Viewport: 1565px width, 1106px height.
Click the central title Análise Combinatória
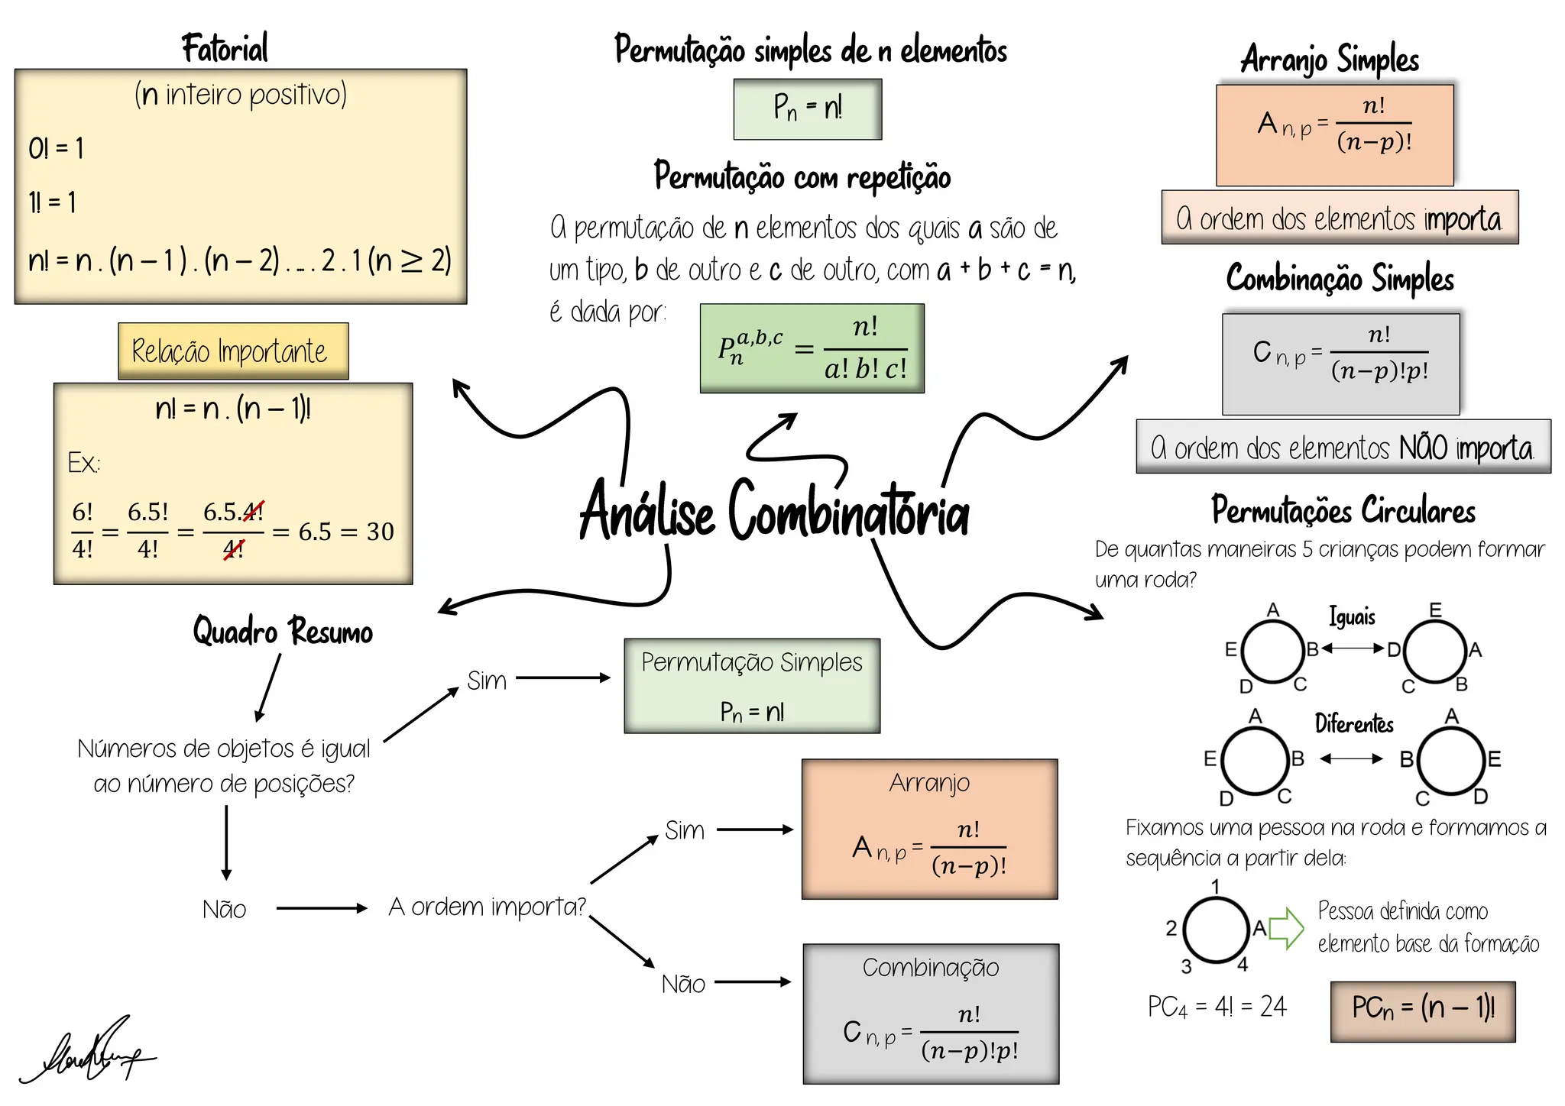pyautogui.click(x=773, y=510)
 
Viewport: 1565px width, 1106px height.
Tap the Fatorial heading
pyautogui.click(x=225, y=49)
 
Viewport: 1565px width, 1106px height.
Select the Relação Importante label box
pyautogui.click(x=233, y=351)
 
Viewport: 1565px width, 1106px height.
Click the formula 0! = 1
pyautogui.click(x=56, y=148)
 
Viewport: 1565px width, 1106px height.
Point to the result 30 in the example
pyautogui.click(x=380, y=532)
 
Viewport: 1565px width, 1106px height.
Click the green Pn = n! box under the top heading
pyautogui.click(x=808, y=109)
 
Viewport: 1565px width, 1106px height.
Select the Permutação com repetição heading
pyautogui.click(x=802, y=177)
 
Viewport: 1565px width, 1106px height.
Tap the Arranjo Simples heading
pyautogui.click(x=1330, y=60)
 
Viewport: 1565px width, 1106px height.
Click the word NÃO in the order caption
pyautogui.click(x=1423, y=448)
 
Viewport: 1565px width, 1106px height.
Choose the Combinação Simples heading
pyautogui.click(x=1340, y=279)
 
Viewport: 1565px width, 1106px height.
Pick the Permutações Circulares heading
pyautogui.click(x=1343, y=510)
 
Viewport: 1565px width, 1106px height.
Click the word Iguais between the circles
pyautogui.click(x=1352, y=616)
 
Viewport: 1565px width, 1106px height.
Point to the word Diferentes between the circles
pyautogui.click(x=1354, y=723)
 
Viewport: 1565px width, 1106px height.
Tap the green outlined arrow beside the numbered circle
pyautogui.click(x=1287, y=929)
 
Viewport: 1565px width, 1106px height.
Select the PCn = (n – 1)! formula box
pyautogui.click(x=1423, y=1011)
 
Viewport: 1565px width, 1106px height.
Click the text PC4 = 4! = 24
pyautogui.click(x=1217, y=1007)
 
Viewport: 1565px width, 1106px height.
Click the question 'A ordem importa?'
pyautogui.click(x=487, y=907)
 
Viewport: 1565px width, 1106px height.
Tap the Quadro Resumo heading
pyautogui.click(x=283, y=632)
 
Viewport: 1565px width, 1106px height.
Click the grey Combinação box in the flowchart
pyautogui.click(x=931, y=1014)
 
